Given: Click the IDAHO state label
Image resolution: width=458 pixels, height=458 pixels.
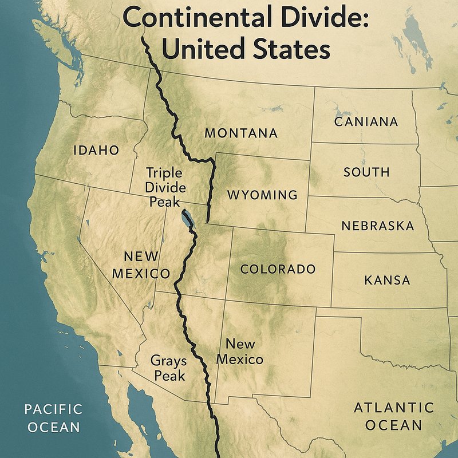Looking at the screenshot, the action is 96,151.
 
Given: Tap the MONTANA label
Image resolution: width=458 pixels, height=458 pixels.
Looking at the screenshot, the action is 241,133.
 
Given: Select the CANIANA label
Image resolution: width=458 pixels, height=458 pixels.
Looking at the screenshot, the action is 366,121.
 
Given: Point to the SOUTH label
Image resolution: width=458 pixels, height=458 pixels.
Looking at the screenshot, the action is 366,172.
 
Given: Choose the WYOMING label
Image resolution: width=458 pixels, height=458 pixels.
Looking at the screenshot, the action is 262,195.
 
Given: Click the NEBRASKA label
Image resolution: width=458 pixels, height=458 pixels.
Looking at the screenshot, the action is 377,226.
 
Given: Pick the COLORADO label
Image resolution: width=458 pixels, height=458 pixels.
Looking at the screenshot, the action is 278,269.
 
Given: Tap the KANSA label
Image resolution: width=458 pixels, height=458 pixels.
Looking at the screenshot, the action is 387,280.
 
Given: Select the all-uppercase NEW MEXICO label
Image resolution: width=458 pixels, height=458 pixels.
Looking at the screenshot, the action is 141,264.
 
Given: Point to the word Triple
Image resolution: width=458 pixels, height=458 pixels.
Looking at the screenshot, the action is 164,172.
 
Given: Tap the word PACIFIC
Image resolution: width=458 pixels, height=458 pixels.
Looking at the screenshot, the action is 53,409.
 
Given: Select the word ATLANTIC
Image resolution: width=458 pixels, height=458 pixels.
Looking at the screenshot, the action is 393,408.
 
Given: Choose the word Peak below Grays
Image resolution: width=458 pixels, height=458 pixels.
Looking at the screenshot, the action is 169,376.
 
